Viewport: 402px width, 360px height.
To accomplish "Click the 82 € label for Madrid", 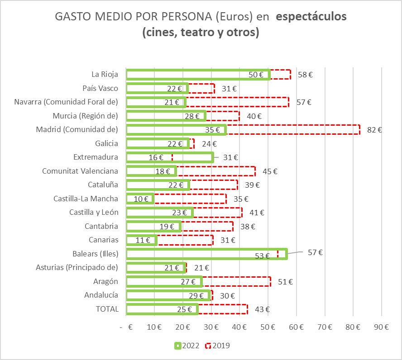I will [x=374, y=130].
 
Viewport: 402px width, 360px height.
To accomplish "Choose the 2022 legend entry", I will [x=187, y=346].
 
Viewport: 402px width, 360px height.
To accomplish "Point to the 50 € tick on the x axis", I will [x=268, y=327].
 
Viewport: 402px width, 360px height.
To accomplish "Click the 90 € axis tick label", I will [x=382, y=327].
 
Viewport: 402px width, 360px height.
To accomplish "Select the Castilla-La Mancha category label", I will [x=86, y=199].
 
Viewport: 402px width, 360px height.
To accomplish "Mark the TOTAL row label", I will [x=107, y=309].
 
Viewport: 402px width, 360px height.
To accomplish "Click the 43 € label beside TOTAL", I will [x=262, y=309].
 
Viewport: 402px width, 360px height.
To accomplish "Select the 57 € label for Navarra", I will [x=304, y=102].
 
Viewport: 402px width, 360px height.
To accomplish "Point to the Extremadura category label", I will [x=96, y=157].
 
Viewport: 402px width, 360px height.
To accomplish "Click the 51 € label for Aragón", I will [x=285, y=282].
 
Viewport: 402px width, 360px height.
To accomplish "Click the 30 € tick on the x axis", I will [x=211, y=327].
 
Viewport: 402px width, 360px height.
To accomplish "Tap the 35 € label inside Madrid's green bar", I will [x=212, y=130].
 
